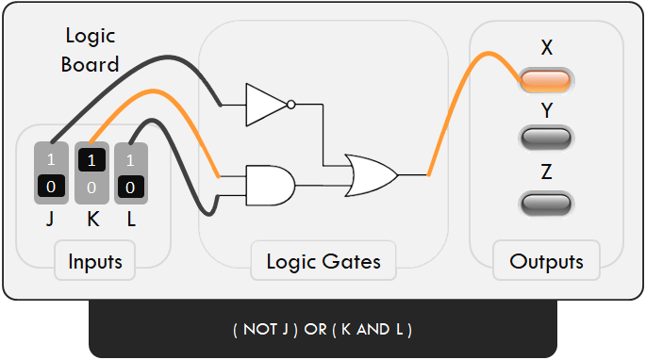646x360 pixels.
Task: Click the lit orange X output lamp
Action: (x=546, y=81)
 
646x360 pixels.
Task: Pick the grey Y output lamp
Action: (x=546, y=139)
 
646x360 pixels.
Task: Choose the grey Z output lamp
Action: (x=546, y=203)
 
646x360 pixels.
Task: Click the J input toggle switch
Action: (x=51, y=172)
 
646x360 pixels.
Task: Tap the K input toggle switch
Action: (x=91, y=172)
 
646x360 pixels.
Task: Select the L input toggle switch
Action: (x=131, y=172)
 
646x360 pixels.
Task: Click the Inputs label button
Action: (x=94, y=261)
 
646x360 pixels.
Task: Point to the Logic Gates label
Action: (x=323, y=261)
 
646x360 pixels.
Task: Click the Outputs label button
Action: (x=546, y=261)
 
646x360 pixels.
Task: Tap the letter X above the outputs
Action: (x=547, y=47)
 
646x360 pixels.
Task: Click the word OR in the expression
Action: (x=315, y=330)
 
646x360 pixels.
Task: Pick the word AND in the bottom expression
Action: (x=373, y=330)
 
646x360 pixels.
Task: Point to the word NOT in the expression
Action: (x=260, y=330)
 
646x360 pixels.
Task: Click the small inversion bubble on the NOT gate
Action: (x=292, y=105)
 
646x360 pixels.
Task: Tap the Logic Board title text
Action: (x=91, y=50)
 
